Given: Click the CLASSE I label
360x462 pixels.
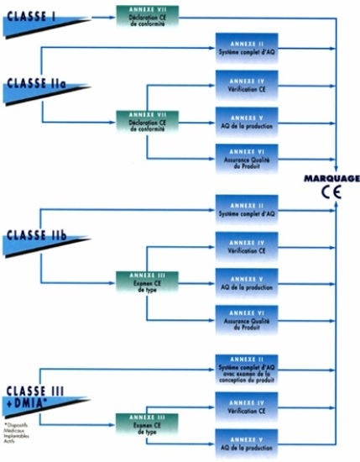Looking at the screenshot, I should coord(31,14).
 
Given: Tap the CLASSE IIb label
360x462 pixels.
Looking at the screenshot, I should coord(34,230).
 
